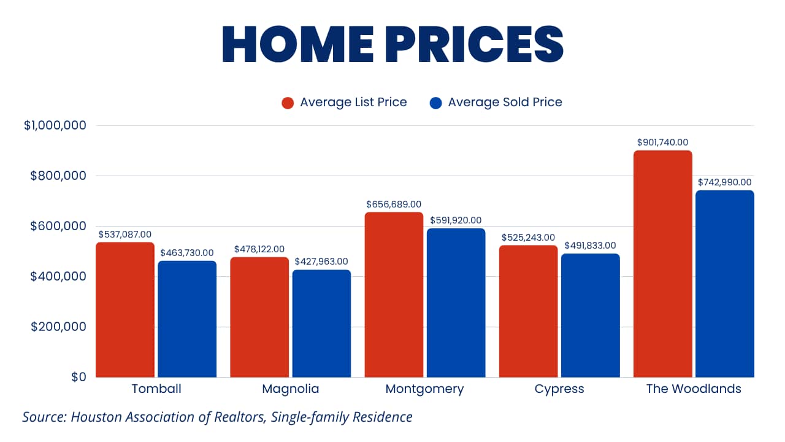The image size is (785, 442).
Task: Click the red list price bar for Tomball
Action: (125, 309)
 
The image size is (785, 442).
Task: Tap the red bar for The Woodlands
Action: (663, 264)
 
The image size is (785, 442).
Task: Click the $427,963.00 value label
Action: (321, 262)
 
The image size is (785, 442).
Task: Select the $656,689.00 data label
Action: (394, 204)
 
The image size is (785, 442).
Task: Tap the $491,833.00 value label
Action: (590, 246)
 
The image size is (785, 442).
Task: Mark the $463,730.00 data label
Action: (187, 253)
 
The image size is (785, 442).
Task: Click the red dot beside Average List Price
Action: (288, 103)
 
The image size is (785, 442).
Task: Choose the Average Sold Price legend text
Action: (505, 103)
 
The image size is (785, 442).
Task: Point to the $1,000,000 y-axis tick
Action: (55, 126)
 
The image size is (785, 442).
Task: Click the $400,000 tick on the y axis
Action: (59, 276)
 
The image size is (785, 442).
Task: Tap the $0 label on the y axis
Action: (77, 377)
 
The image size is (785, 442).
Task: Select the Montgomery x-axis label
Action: (424, 389)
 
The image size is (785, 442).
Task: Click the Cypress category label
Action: (559, 389)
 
